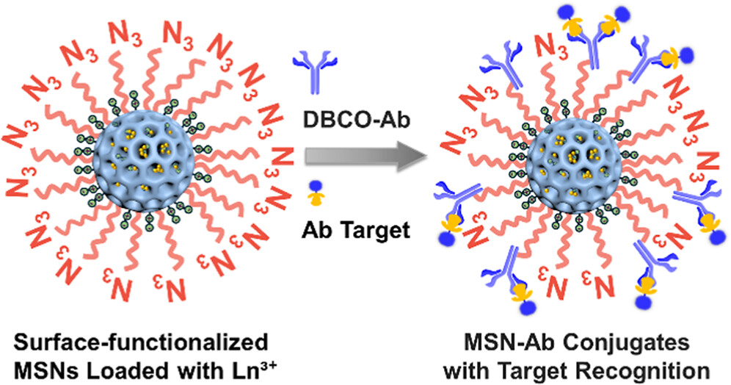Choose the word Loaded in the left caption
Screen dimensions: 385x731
click(142, 367)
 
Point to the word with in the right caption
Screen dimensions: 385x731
click(493, 367)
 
